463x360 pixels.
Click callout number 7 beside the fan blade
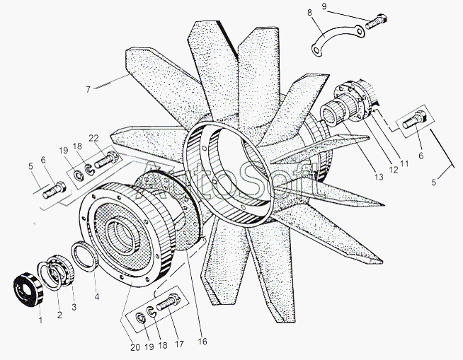(x=88, y=89)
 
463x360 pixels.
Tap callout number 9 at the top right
(x=324, y=6)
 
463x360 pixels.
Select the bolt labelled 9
(x=377, y=21)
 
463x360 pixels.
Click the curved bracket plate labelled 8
(x=338, y=40)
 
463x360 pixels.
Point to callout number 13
(x=378, y=177)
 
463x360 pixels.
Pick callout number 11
(x=404, y=163)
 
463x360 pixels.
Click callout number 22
(x=94, y=138)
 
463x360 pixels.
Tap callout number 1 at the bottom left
(x=41, y=320)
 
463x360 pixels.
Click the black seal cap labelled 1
(x=28, y=289)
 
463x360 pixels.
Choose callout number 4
(x=97, y=296)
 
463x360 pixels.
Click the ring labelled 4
(x=85, y=256)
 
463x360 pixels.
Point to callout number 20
(x=135, y=348)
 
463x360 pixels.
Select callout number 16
(x=202, y=342)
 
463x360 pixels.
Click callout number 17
(x=179, y=344)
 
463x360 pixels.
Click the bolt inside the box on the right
(x=414, y=120)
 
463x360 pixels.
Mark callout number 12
(x=394, y=170)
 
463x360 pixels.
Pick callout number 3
(x=74, y=307)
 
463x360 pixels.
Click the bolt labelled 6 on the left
(x=55, y=190)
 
